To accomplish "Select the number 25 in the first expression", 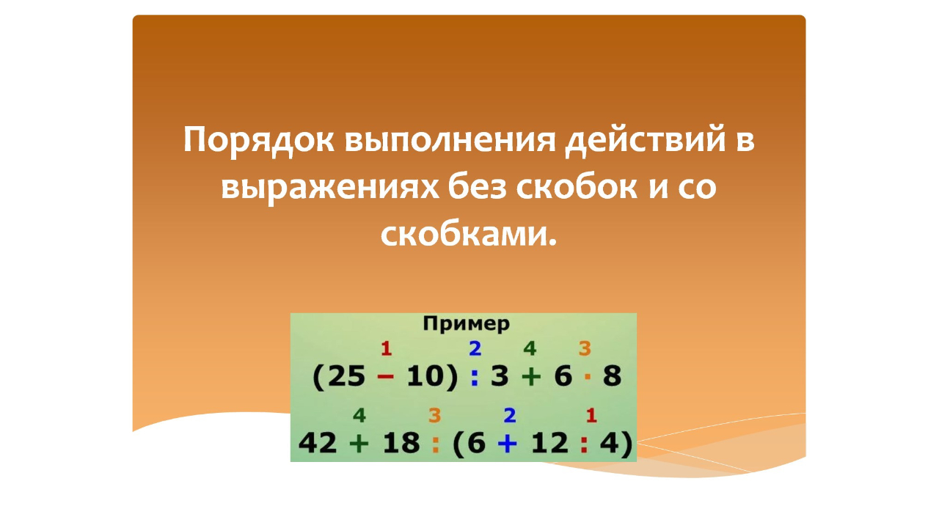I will pos(348,377).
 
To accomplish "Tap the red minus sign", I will pos(385,377).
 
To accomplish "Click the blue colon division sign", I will pos(474,377).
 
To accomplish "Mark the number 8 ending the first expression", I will pos(611,377).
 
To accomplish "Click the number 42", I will pos(319,444).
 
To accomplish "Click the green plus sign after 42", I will pos(359,444).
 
